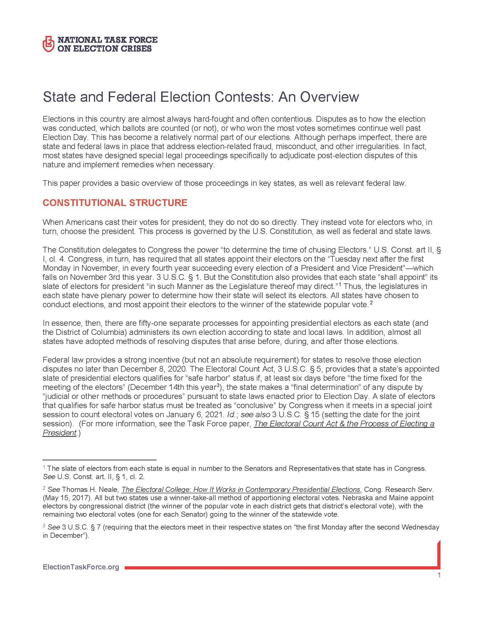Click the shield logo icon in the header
click(48, 44)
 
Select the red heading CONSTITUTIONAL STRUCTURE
click(115, 203)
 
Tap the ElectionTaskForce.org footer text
click(81, 567)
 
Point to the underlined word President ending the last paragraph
click(59, 433)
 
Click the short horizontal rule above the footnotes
click(99, 460)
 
